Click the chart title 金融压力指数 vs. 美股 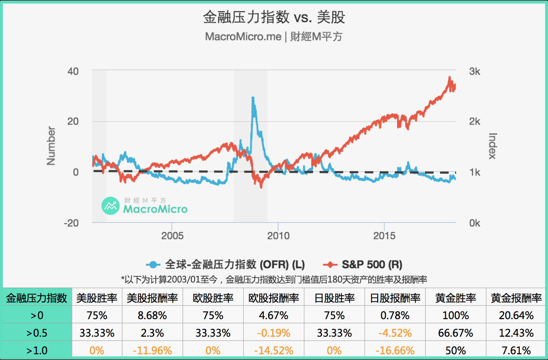[274, 17]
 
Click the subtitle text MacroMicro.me [243, 37]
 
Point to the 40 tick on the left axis [73, 71]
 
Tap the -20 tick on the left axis [71, 223]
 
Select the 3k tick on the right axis [474, 71]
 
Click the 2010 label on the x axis [278, 236]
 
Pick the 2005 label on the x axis [172, 236]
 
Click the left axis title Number [51, 146]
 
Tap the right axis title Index [492, 146]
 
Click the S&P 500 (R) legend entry [372, 265]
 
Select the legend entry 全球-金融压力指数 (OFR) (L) [235, 265]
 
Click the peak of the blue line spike [253, 98]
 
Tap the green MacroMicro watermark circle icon [110, 206]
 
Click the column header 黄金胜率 [455, 298]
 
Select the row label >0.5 [37, 333]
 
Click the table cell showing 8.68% [152, 316]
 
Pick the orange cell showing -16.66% [395, 350]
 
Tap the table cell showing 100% [455, 316]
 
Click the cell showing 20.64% [516, 316]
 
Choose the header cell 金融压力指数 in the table [37, 298]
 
